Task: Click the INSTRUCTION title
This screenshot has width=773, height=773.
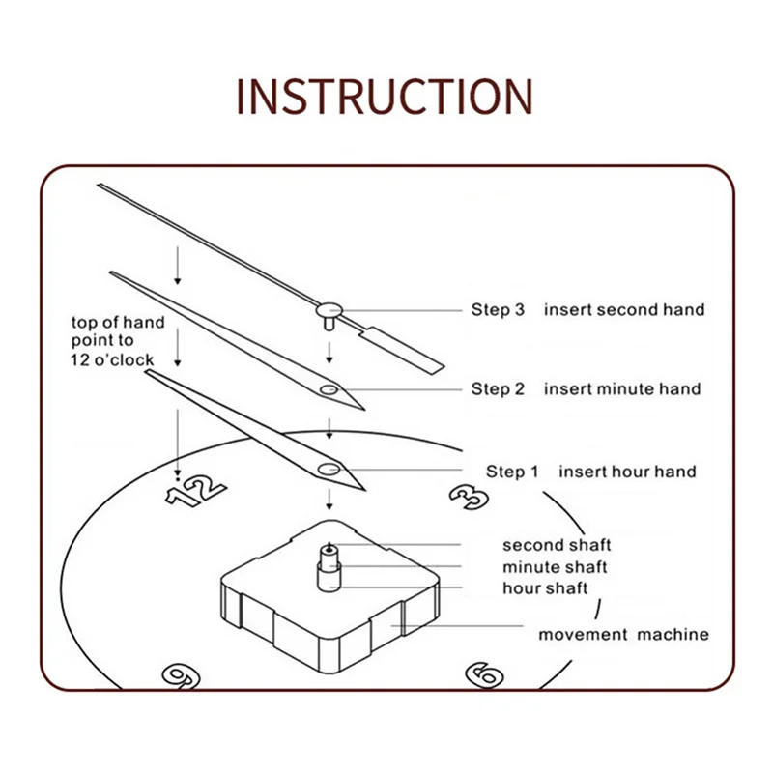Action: click(x=385, y=96)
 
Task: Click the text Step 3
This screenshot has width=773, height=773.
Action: click(x=498, y=310)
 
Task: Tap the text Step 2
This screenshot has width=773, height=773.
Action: click(x=498, y=389)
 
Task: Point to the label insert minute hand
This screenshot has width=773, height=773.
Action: click(x=621, y=389)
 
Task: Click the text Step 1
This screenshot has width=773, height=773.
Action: click(x=512, y=472)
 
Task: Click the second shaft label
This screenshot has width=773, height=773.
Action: click(x=557, y=546)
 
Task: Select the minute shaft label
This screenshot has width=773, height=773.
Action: click(x=555, y=567)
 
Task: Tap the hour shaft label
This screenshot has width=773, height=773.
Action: click(x=545, y=587)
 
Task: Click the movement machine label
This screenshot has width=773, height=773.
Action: click(x=623, y=635)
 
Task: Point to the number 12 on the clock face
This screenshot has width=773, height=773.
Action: click(x=196, y=491)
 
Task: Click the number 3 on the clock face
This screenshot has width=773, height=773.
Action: click(x=470, y=496)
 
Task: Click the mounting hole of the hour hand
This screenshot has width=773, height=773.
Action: click(x=329, y=470)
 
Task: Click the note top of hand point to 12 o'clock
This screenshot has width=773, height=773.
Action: click(x=117, y=340)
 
